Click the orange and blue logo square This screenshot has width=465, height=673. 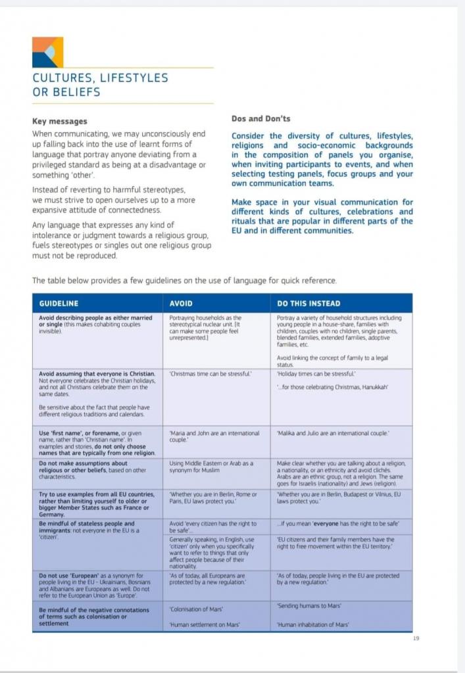pyautogui.click(x=48, y=52)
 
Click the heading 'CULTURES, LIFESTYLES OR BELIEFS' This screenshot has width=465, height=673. pyautogui.click(x=100, y=85)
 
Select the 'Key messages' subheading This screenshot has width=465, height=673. pyautogui.click(x=59, y=122)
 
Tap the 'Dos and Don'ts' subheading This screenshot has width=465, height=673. pyautogui.click(x=261, y=119)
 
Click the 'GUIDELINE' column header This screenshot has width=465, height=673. pyautogui.click(x=59, y=304)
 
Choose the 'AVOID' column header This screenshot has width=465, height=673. pyautogui.click(x=181, y=304)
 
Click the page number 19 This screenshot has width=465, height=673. pyautogui.click(x=416, y=638)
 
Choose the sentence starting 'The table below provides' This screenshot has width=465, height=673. pyautogui.click(x=184, y=281)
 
